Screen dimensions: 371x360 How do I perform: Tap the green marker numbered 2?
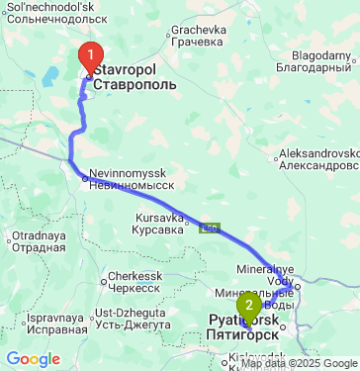(x=249, y=306)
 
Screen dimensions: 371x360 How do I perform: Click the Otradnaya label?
(x=34, y=241)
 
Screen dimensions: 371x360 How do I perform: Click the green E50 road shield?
(x=209, y=230)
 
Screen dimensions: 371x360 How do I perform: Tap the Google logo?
(x=34, y=358)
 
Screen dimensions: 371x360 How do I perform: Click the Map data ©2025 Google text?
(x=299, y=364)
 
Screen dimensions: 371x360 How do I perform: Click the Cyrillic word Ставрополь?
(x=135, y=85)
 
